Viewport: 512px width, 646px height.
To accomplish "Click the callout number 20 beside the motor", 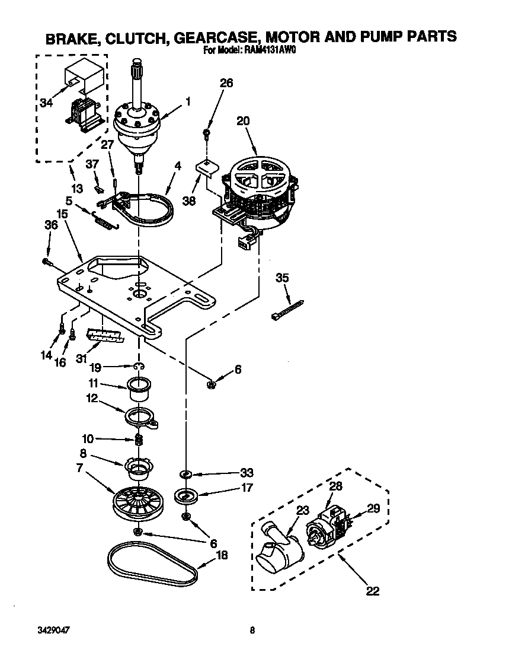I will coord(243,121).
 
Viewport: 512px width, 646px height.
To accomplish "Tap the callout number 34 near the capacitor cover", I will coord(46,103).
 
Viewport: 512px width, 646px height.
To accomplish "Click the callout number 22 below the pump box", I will coord(372,591).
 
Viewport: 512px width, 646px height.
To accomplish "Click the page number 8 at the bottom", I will coord(252,630).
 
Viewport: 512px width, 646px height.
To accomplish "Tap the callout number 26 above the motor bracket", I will coord(226,83).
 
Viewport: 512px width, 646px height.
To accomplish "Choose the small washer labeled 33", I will coord(185,474).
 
